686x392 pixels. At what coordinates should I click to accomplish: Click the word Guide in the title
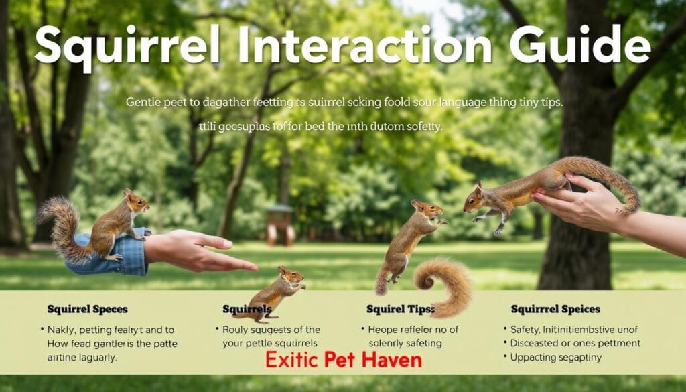point(579,46)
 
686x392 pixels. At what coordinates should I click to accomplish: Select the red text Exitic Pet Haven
point(343,359)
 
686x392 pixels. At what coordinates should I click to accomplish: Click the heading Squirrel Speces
point(87,310)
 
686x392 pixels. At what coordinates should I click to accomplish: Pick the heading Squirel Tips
point(401,310)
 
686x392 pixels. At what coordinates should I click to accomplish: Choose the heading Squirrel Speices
point(555,310)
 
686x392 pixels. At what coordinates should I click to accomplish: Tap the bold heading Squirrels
point(247,310)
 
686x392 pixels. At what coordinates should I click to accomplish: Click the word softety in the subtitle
point(419,126)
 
